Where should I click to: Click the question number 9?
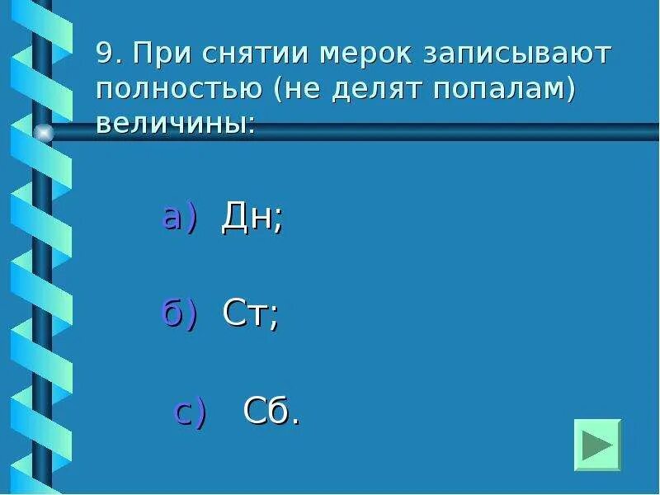(x=104, y=54)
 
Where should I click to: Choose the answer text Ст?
(x=245, y=314)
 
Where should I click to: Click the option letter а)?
(x=179, y=218)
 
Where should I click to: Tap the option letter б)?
(x=179, y=313)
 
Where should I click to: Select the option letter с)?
(x=191, y=411)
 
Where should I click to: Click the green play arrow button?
(x=597, y=445)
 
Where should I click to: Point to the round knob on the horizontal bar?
(x=43, y=132)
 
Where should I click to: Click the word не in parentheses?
(x=309, y=89)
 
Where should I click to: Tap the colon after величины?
(x=251, y=125)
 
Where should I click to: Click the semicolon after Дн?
(x=278, y=221)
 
